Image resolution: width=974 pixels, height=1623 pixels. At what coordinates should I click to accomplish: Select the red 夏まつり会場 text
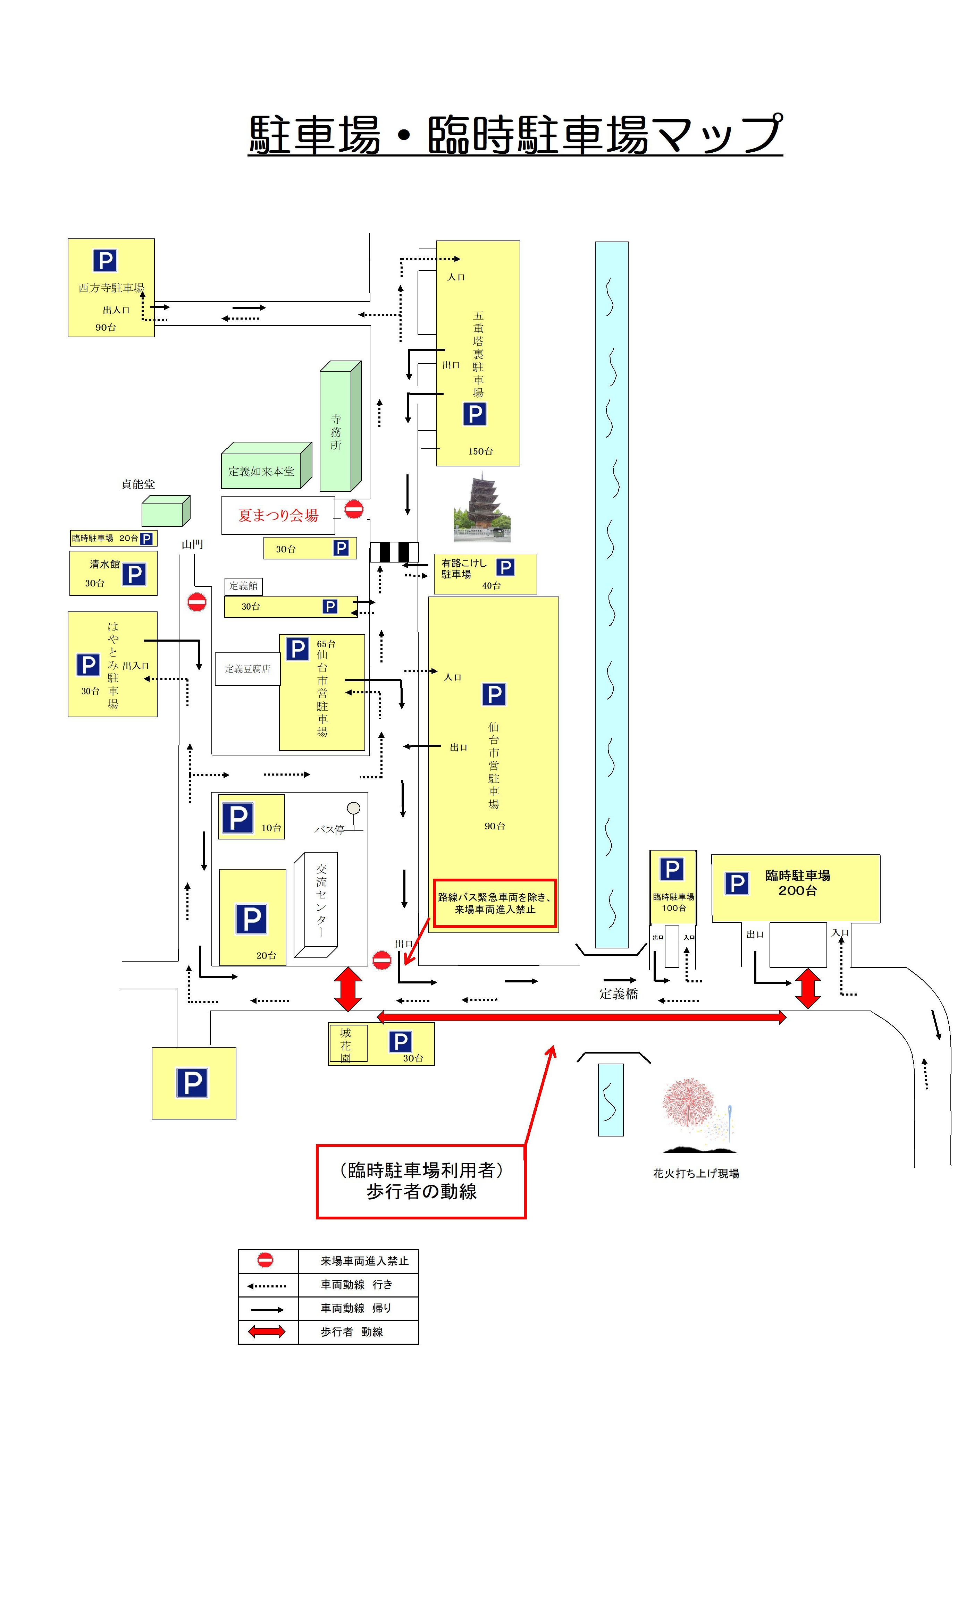[278, 516]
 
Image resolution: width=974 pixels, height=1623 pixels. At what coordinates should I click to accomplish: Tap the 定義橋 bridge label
[618, 994]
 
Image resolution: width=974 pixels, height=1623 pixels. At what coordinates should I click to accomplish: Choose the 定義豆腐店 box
[247, 669]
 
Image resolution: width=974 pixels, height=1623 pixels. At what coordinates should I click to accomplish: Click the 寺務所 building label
[336, 432]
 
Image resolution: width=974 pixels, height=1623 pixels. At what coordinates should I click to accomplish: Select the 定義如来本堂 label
[261, 472]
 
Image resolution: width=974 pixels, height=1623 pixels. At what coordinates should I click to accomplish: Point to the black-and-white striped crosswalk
[394, 552]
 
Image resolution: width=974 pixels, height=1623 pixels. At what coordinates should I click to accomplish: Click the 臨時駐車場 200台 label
[797, 883]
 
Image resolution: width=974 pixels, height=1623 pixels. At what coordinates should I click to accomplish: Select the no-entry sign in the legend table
[265, 1260]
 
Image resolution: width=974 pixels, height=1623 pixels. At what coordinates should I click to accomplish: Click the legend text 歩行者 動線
[351, 1332]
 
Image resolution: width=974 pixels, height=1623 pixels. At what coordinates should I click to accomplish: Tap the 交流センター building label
[321, 900]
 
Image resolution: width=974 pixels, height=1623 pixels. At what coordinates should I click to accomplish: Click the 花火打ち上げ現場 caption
[696, 1174]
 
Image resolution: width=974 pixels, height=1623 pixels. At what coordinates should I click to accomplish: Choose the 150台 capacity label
[480, 451]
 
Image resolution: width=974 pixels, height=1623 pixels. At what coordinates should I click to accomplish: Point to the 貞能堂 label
[138, 484]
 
